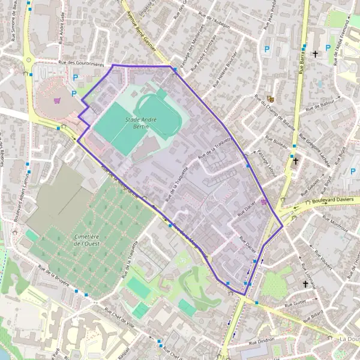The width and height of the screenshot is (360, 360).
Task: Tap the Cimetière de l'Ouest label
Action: coord(86,239)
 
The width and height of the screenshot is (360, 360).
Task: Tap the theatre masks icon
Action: coord(271,97)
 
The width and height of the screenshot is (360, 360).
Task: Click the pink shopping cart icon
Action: coord(57,100)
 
